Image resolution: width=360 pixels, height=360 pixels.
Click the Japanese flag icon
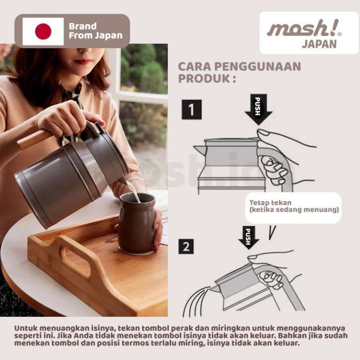pyautogui.click(x=43, y=31)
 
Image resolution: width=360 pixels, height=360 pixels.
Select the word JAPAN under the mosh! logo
pyautogui.click(x=319, y=45)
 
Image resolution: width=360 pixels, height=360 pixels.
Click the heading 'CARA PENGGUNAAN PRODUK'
pyautogui.click(x=239, y=72)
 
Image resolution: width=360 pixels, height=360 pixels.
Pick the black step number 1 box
pyautogui.click(x=191, y=110)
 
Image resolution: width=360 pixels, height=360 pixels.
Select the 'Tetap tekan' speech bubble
pyautogui.click(x=293, y=207)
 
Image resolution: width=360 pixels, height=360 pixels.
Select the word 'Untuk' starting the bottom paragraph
pyautogui.click(x=26, y=328)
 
